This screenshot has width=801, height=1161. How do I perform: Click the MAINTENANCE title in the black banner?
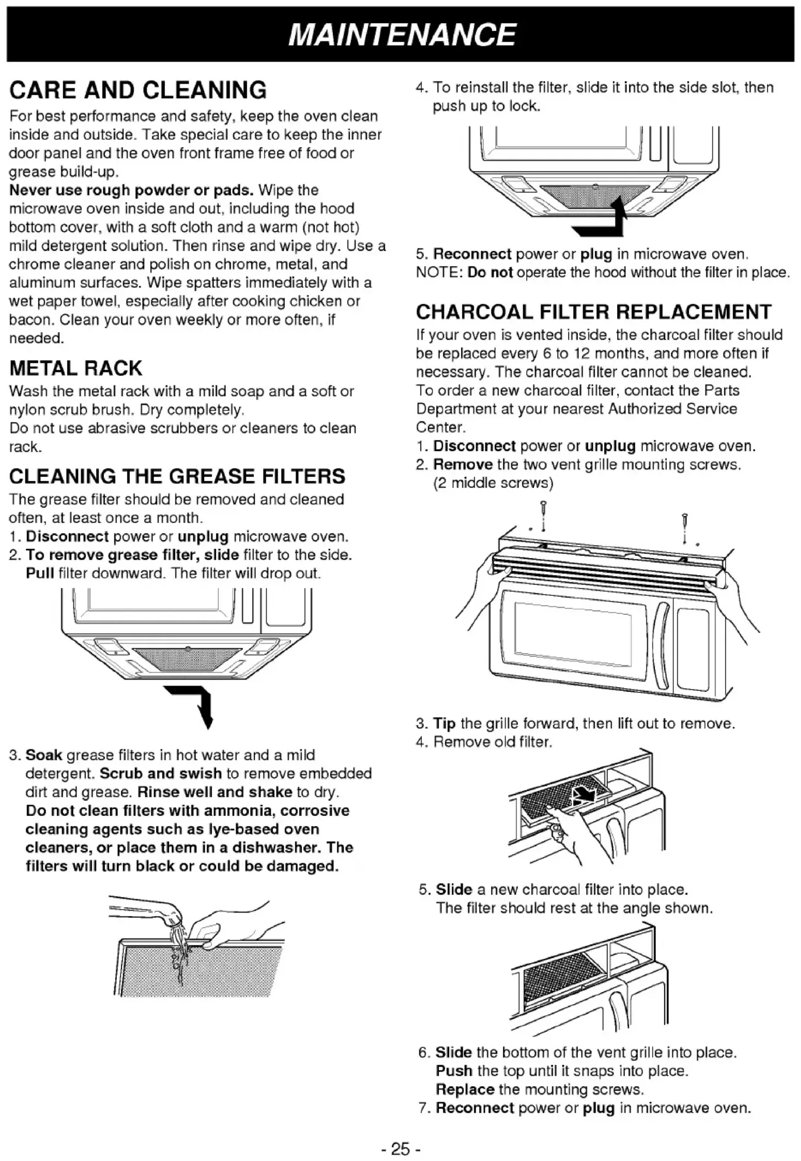coord(402,34)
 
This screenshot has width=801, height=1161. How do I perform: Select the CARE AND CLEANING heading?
coord(138,90)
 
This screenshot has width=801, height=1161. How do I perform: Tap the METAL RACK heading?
coord(75,368)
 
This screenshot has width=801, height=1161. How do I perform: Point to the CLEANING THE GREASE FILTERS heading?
coord(177,476)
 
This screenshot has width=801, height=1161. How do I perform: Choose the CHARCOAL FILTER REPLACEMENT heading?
coord(593,312)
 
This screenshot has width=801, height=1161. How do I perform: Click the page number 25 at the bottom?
coord(401,1149)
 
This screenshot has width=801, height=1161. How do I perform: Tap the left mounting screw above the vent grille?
coord(543,516)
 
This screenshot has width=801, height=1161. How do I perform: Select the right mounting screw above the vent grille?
coord(685,527)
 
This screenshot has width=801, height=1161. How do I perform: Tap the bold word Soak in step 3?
coord(44,755)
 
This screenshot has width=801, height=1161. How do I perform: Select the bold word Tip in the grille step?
coord(444,723)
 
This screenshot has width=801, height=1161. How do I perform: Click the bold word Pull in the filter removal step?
coord(40,573)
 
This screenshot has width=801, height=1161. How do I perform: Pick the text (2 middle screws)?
coord(493,483)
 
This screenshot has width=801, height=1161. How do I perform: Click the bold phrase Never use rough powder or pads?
coord(131,190)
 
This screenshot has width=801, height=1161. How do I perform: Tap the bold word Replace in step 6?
coord(465,1089)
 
